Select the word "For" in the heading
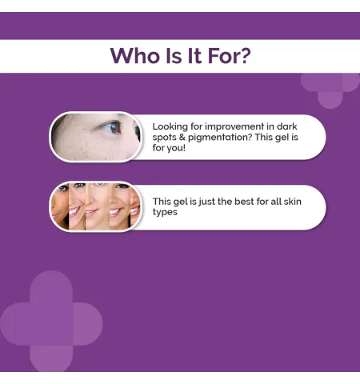pyautogui.click(x=222, y=56)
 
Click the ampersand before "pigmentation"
pyautogui.click(x=182, y=138)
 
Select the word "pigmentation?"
pyautogui.click(x=220, y=138)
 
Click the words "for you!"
pyautogui.click(x=169, y=148)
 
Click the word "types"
pyautogui.click(x=165, y=212)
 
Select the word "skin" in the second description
pyautogui.click(x=293, y=202)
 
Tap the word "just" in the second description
pyautogui.click(x=207, y=202)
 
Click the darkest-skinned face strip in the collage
pyautogui.click(x=60, y=206)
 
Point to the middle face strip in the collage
pyautogui.click(x=98, y=206)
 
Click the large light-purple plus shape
pyautogui.click(x=51, y=322)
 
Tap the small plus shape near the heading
pyautogui.click(x=330, y=90)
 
